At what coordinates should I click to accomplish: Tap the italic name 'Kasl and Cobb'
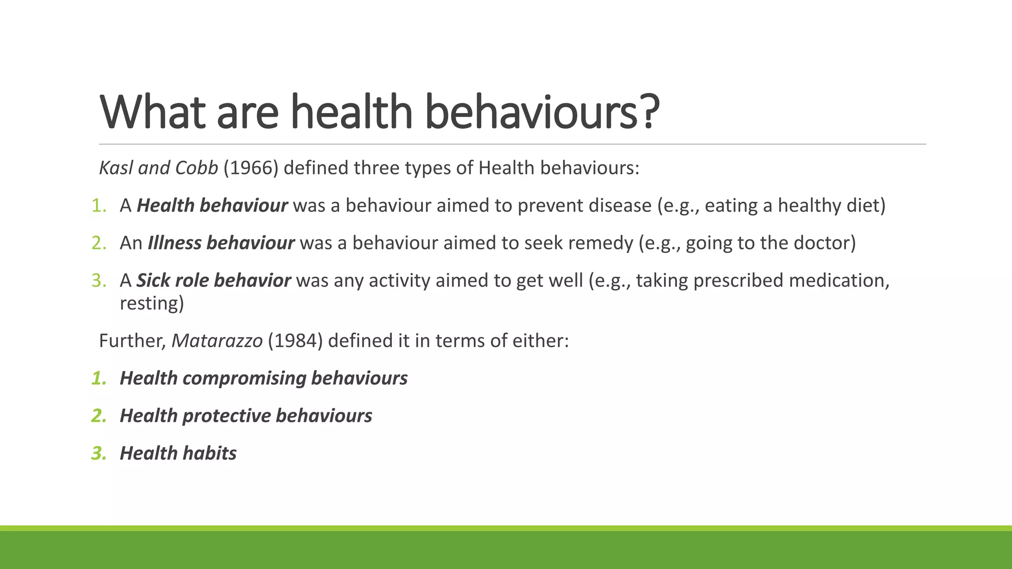[159, 168]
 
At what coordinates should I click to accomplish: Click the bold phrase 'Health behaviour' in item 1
[212, 205]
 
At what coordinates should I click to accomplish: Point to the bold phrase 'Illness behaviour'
[221, 243]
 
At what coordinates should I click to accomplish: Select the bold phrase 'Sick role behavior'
[213, 281]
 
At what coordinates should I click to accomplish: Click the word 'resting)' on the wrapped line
[152, 303]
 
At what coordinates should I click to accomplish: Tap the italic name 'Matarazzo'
[217, 341]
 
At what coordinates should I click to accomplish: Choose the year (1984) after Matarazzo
[295, 341]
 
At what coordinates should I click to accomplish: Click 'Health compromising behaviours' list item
[263, 378]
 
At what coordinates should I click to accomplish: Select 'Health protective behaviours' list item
[246, 416]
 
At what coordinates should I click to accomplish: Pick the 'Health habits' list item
[178, 453]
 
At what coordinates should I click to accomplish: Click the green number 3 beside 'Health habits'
[98, 453]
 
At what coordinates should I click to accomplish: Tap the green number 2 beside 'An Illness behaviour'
[98, 243]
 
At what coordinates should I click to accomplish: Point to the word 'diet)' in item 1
[866, 205]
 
